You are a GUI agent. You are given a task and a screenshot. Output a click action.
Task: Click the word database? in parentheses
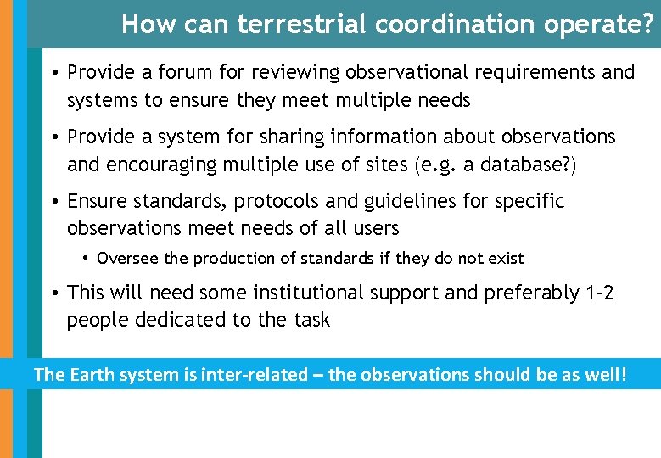point(533,165)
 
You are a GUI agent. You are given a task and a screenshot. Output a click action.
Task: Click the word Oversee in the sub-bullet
point(126,258)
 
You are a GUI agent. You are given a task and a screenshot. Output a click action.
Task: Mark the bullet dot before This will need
point(53,293)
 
